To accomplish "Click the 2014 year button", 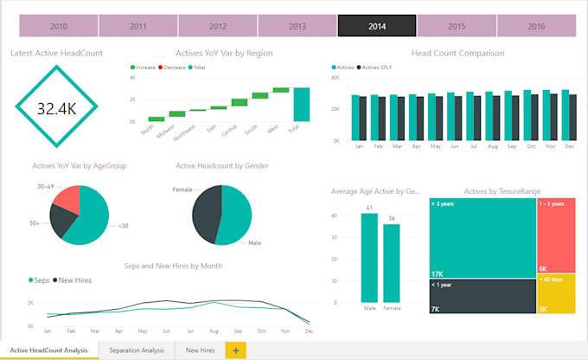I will [x=376, y=26].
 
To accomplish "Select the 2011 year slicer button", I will [x=138, y=26].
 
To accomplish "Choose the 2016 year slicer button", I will [x=535, y=26].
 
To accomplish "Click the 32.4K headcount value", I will [x=56, y=108].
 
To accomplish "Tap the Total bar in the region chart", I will [x=301, y=104].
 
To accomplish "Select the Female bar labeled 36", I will [x=391, y=263].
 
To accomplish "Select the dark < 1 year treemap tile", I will [x=482, y=296].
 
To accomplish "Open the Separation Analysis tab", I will [x=137, y=350].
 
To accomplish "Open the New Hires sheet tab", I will [x=200, y=350].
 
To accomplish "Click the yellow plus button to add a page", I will [x=236, y=350].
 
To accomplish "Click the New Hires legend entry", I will [x=74, y=280].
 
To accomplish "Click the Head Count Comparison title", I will [x=457, y=53].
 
